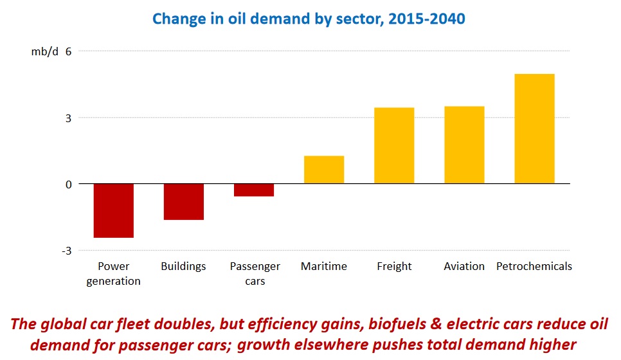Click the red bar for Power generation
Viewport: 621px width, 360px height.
(x=113, y=210)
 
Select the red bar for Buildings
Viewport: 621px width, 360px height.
(x=183, y=202)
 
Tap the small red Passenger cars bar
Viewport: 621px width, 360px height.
(x=254, y=190)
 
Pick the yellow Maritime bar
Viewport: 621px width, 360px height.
(x=324, y=170)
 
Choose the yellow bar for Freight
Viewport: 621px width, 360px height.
(x=394, y=145)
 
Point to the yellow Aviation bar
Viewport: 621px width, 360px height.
(x=464, y=145)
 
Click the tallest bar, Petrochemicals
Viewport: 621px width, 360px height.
(x=534, y=129)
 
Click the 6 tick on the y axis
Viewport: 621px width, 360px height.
(x=67, y=51)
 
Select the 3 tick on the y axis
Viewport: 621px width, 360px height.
(x=67, y=118)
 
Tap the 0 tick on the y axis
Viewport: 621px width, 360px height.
(x=67, y=184)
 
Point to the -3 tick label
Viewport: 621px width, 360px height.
(x=66, y=251)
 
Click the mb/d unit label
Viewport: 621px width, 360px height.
(x=44, y=51)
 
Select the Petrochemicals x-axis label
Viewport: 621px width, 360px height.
(x=534, y=266)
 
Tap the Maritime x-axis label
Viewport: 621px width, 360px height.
(x=324, y=266)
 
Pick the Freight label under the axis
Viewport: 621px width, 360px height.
(x=394, y=266)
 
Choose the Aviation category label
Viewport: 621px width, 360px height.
(x=464, y=266)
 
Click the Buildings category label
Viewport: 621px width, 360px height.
(x=183, y=266)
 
